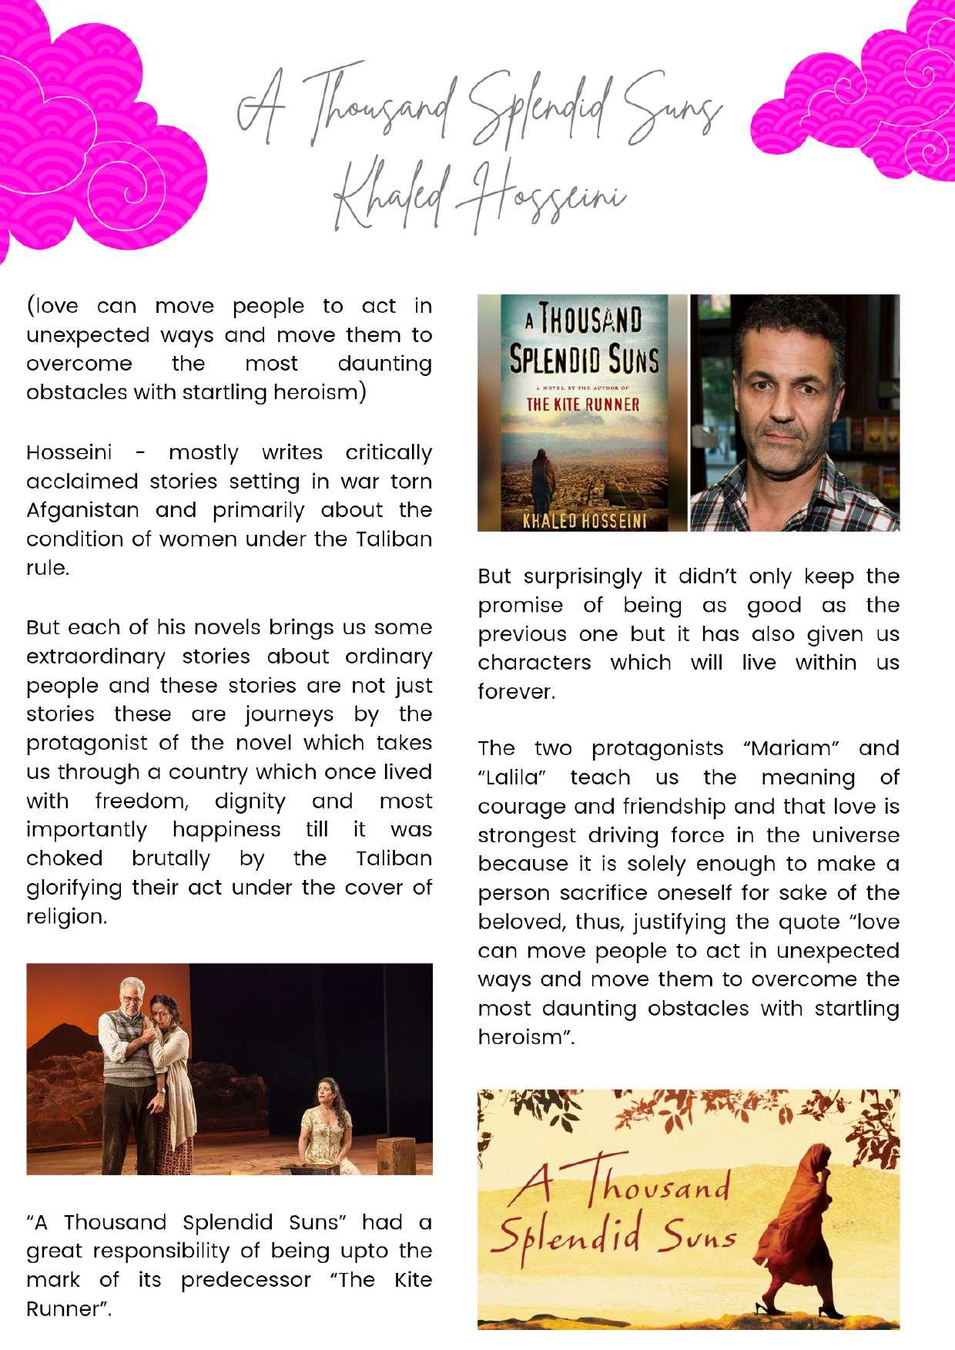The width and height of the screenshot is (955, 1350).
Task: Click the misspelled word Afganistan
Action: click(83, 510)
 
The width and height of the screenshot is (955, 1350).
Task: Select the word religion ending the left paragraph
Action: click(66, 917)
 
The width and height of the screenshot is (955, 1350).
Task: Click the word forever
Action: click(515, 692)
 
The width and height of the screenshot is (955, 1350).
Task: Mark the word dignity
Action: click(250, 801)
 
